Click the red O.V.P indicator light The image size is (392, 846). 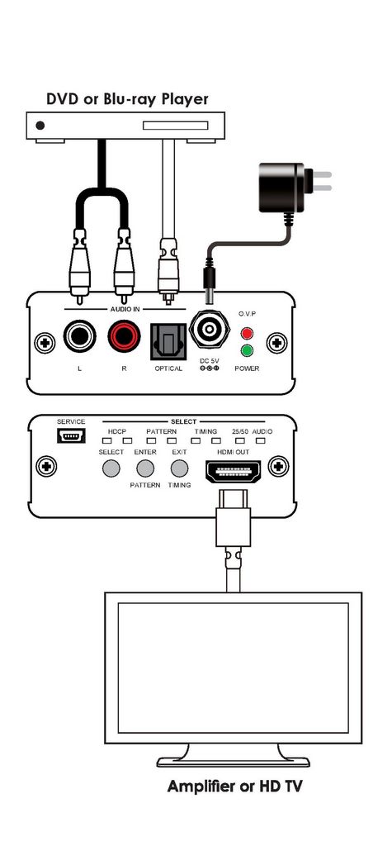[248, 334]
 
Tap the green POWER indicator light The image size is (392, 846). [248, 351]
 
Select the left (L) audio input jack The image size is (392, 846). [80, 337]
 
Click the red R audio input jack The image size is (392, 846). [124, 337]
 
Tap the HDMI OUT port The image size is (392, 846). [233, 472]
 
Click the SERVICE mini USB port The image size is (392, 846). [71, 435]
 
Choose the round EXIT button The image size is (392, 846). [180, 468]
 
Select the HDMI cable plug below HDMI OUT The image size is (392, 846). [233, 519]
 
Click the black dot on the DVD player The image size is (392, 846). [40, 126]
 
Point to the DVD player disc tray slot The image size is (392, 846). [175, 126]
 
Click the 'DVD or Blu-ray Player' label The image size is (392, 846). [127, 100]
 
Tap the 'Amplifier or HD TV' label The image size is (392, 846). [234, 787]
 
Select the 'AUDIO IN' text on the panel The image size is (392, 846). [125, 309]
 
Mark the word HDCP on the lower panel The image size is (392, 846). [116, 431]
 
